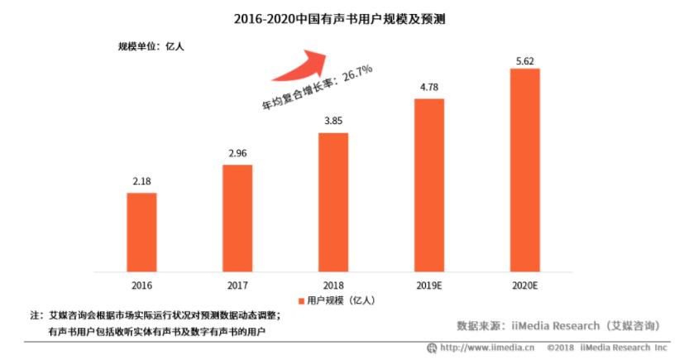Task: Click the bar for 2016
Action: (x=141, y=232)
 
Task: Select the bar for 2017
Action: (x=237, y=218)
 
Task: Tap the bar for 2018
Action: (x=333, y=201)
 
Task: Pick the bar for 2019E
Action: (x=429, y=185)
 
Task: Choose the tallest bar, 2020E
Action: (x=525, y=170)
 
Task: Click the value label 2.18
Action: (x=141, y=180)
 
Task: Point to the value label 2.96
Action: (x=237, y=152)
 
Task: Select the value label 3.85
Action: (x=333, y=121)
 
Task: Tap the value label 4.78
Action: (x=429, y=87)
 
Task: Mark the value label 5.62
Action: (x=525, y=57)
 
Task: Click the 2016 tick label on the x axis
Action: (x=141, y=285)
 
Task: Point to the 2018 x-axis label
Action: (x=333, y=285)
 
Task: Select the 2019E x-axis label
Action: (x=429, y=285)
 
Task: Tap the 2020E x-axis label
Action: (x=525, y=285)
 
